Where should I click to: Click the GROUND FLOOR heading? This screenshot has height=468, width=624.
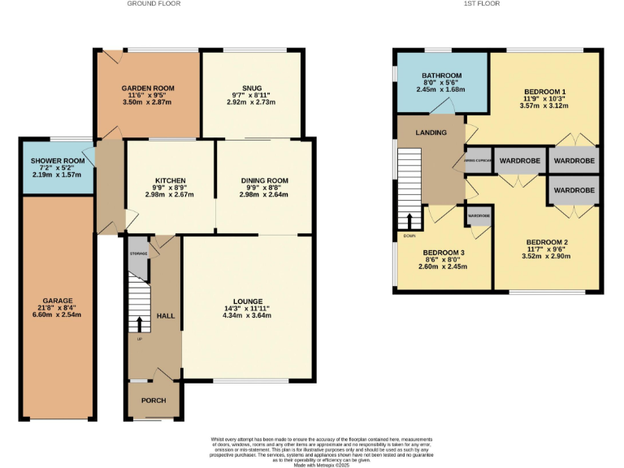pyautogui.click(x=154, y=4)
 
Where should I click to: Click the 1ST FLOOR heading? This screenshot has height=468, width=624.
pyautogui.click(x=481, y=4)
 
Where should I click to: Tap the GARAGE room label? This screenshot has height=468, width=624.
pyautogui.click(x=55, y=298)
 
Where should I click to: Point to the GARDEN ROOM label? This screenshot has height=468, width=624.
pyautogui.click(x=148, y=88)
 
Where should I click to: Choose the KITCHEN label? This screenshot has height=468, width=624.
pyautogui.click(x=171, y=180)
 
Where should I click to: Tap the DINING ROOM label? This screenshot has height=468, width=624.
pyautogui.click(x=265, y=180)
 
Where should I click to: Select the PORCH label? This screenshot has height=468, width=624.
pyautogui.click(x=154, y=401)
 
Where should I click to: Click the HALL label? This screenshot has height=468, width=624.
pyautogui.click(x=166, y=315)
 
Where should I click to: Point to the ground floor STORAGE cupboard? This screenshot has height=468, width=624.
pyautogui.click(x=138, y=254)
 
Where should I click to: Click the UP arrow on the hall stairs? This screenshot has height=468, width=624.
pyautogui.click(x=139, y=326)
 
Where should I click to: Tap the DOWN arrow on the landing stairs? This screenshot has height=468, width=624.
pyautogui.click(x=409, y=221)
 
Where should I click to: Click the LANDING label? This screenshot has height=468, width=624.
pyautogui.click(x=430, y=132)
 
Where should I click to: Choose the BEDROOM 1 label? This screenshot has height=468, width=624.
pyautogui.click(x=544, y=91)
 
